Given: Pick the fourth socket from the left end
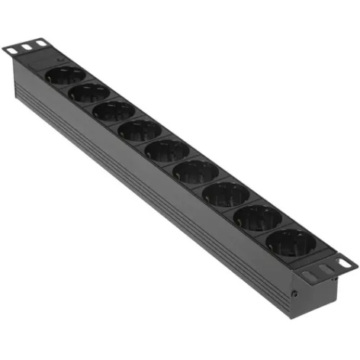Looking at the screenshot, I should (140, 129).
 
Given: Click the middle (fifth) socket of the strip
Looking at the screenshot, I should (167, 149).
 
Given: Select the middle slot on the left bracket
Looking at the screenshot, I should (26, 47).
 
